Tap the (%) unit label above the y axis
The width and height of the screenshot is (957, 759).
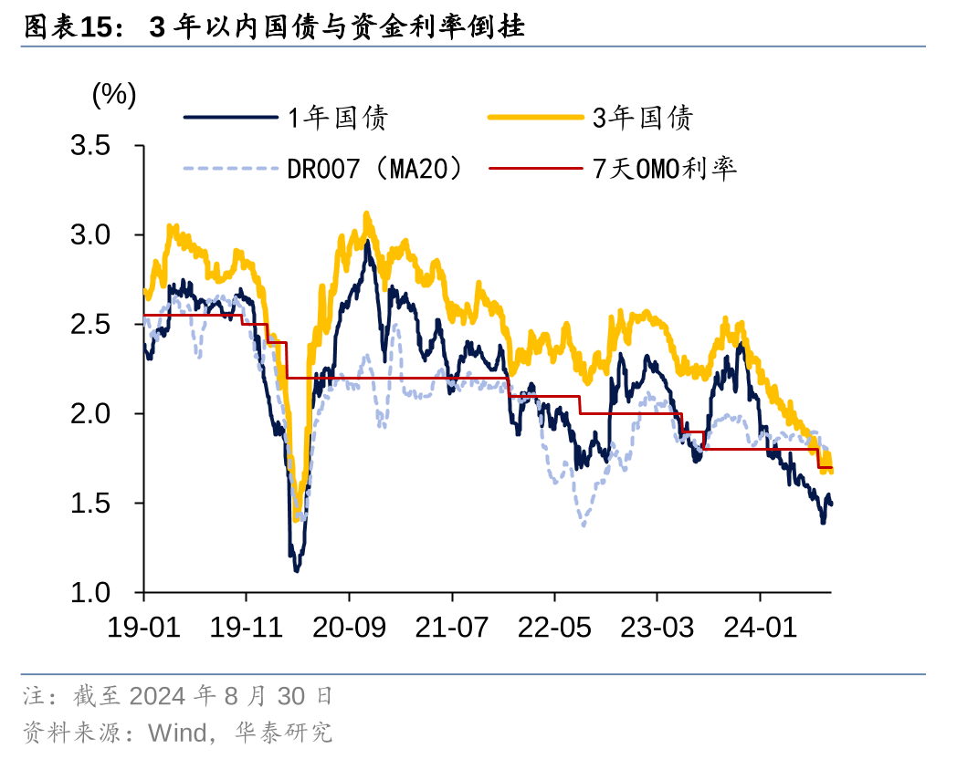click(114, 94)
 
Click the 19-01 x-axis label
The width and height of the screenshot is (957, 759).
click(143, 629)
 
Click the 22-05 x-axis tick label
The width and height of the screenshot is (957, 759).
click(555, 629)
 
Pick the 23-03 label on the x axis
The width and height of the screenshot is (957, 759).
click(657, 629)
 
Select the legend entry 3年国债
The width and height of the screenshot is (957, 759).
click(643, 117)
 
